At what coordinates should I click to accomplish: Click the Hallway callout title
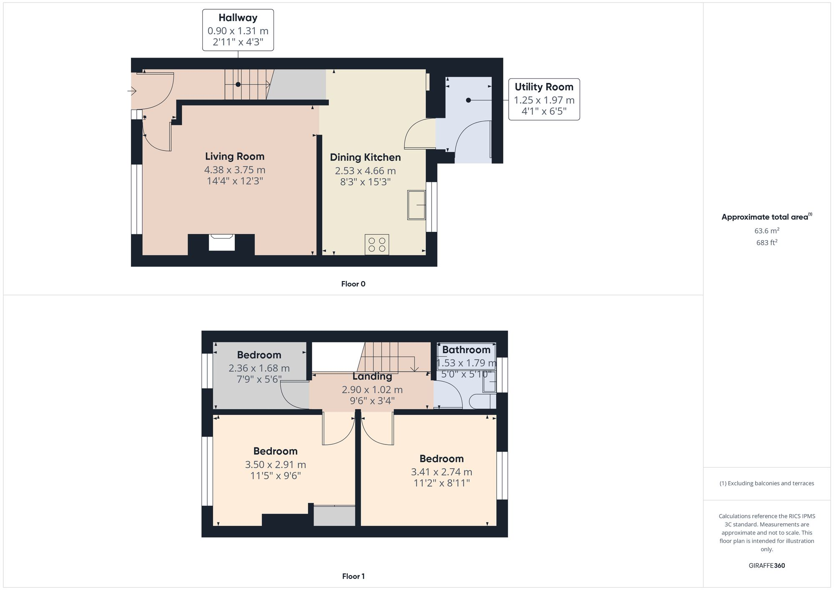click(238, 18)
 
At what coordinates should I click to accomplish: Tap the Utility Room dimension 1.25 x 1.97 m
click(544, 100)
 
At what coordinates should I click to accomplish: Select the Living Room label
click(234, 156)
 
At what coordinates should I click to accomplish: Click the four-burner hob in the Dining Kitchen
click(377, 244)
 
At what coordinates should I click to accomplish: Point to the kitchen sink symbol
click(416, 205)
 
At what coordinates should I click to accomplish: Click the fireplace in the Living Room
click(221, 243)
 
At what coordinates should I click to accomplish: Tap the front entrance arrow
click(132, 90)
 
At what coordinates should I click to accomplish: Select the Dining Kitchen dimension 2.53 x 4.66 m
click(365, 171)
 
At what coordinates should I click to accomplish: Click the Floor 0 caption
click(353, 284)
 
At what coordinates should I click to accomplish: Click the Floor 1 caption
click(353, 576)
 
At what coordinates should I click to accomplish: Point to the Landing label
click(372, 377)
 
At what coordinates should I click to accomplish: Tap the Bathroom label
click(466, 350)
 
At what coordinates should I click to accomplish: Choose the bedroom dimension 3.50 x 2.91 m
click(275, 464)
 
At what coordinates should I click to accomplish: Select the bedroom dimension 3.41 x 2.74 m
click(441, 472)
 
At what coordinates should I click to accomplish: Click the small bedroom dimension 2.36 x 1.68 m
click(259, 368)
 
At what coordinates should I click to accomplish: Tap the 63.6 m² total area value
click(766, 231)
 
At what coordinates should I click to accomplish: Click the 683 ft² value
click(766, 243)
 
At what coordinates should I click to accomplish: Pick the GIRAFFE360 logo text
click(766, 566)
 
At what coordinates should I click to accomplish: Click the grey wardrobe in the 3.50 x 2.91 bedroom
click(334, 516)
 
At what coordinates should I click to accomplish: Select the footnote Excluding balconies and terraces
click(766, 483)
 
